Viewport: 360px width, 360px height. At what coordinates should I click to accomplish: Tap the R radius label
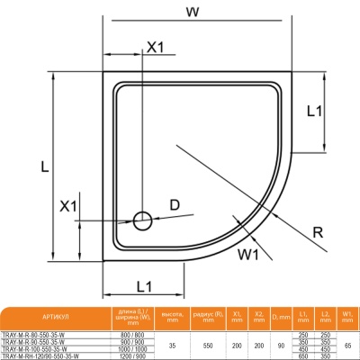(x=318, y=232)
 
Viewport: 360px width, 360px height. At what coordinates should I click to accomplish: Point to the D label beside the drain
(x=175, y=205)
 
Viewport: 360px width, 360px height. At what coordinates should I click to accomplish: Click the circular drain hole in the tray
(x=141, y=220)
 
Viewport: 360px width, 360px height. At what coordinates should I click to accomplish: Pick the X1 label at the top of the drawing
(x=155, y=47)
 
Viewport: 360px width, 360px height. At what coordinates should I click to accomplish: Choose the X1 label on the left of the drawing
(x=68, y=206)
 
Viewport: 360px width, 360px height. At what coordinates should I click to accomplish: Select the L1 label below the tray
(x=138, y=285)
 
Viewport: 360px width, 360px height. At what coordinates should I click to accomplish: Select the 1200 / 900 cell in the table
(x=131, y=356)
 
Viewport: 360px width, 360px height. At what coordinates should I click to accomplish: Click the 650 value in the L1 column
(x=304, y=356)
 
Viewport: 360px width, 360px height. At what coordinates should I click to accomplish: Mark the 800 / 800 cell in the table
(x=131, y=335)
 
